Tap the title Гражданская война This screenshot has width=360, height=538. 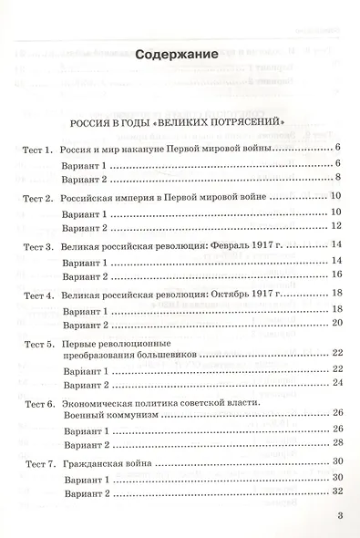point(112,462)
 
